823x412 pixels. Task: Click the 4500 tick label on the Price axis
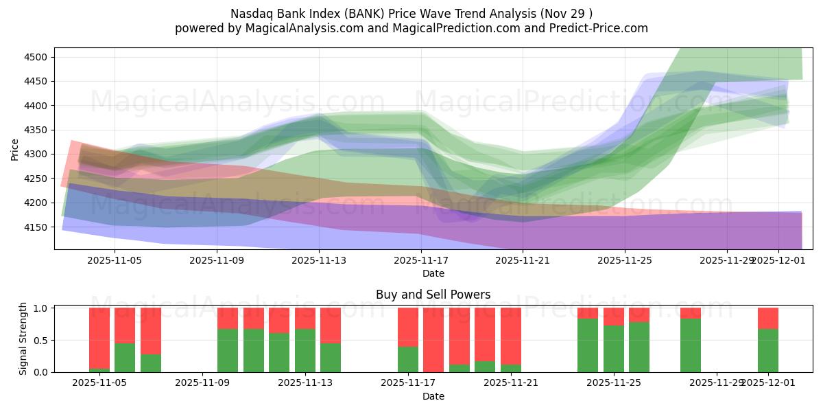coord(35,57)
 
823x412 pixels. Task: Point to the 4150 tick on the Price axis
coord(35,227)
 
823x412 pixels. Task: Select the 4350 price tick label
coord(35,130)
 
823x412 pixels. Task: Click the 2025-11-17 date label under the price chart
coord(421,261)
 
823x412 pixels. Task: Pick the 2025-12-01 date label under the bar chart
coord(768,383)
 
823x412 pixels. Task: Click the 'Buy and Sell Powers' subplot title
coord(433,295)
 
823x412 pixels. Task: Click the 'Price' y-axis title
coord(16,150)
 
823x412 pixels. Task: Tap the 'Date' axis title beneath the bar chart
coord(433,396)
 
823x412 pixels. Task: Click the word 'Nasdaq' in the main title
coord(250,13)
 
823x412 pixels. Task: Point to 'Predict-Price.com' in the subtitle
coord(601,28)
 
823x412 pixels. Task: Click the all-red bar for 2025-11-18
coord(433,340)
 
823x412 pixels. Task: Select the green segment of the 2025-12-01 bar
coord(768,351)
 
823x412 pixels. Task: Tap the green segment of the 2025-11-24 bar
coord(588,345)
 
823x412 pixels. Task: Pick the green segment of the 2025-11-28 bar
coord(691,345)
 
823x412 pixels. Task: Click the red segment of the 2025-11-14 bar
coord(331,325)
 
